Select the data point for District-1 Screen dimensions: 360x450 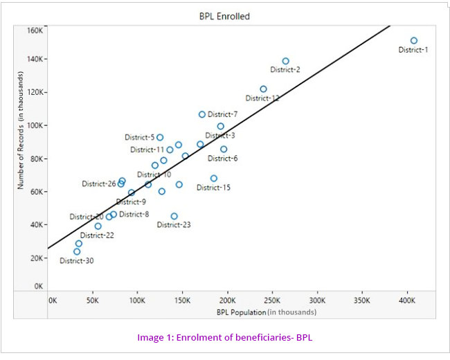click(414, 41)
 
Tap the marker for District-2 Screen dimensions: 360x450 click(286, 61)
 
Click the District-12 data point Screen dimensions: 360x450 click(263, 89)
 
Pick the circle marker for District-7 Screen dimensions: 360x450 click(202, 114)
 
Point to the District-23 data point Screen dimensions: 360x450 click(174, 216)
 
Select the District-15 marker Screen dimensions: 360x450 click(214, 178)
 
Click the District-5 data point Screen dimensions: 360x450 click(160, 137)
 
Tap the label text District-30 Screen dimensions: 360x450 click(76, 261)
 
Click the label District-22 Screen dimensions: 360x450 click(97, 235)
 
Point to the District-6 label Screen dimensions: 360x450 click(223, 159)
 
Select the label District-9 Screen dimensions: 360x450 click(131, 202)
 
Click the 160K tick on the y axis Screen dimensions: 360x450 click(35, 30)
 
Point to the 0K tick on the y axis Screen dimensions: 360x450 click(38, 286)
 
